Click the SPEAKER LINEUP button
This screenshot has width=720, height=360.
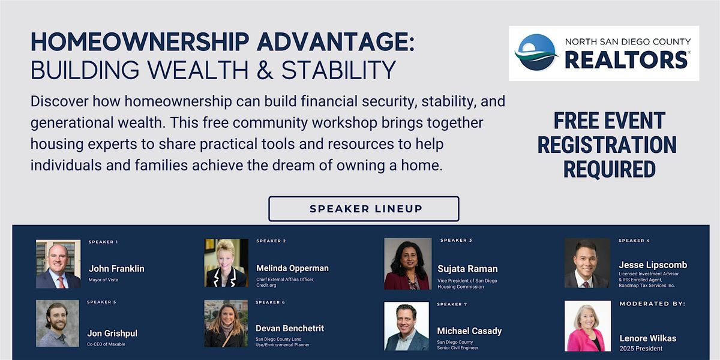coord(364,209)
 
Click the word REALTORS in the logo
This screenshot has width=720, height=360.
coord(626,60)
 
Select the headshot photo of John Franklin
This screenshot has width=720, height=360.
coord(58,264)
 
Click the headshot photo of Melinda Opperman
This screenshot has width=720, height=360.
coord(226,263)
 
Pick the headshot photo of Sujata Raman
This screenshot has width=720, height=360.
coord(407,264)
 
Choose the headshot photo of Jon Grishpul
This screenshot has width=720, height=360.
coord(58,323)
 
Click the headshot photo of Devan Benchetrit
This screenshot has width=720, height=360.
coord(226,323)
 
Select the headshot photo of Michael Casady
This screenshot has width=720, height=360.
coord(407,326)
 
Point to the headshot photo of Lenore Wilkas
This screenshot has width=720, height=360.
coord(587,326)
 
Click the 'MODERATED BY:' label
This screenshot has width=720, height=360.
coord(652,304)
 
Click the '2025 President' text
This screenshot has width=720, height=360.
coord(641,349)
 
